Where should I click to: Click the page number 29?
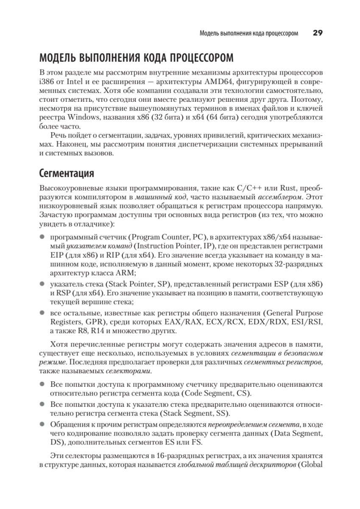(318, 33)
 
